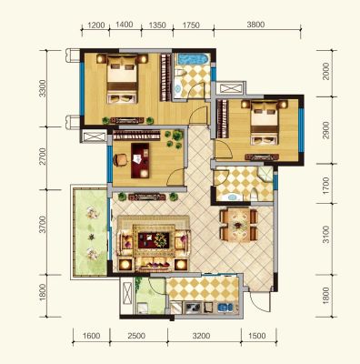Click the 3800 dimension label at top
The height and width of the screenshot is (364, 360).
255,25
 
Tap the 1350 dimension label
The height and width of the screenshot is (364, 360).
157,25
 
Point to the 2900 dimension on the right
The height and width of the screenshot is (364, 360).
326,130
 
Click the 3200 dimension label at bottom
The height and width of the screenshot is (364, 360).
202,336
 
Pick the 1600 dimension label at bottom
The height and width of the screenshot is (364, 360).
91,336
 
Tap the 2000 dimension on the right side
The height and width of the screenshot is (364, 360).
326,71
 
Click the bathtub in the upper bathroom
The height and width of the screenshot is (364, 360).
194,59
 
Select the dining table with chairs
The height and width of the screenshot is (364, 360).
239,225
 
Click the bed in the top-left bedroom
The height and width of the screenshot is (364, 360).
122,78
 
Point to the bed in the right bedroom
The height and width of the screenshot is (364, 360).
265,122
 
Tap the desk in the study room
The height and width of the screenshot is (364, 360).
140,160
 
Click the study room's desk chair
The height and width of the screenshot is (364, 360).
120,160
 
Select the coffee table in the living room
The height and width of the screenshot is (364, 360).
154,240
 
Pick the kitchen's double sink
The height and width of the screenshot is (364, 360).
225,308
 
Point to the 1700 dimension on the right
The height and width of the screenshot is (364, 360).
326,186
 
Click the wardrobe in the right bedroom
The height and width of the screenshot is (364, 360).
222,118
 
